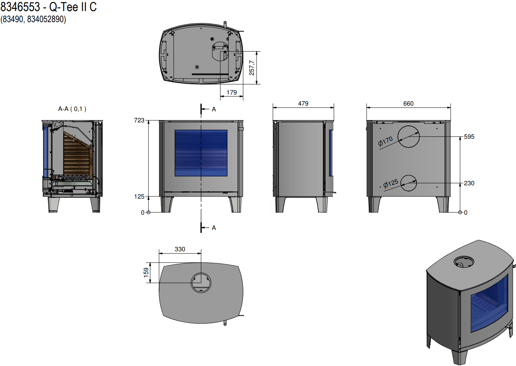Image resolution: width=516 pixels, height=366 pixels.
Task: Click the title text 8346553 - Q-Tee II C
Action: point(48,7)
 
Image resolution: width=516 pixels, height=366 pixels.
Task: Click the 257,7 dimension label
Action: point(252,68)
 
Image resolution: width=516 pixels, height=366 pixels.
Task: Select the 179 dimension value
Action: point(231,92)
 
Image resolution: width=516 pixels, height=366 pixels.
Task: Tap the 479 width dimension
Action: point(303,103)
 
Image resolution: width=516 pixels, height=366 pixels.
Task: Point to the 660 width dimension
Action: point(408,103)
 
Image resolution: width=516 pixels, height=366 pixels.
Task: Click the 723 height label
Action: point(139,120)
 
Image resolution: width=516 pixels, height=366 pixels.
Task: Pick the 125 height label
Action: point(139,196)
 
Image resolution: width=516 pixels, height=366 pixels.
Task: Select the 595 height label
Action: point(469,136)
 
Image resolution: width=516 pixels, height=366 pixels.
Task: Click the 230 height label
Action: point(469,183)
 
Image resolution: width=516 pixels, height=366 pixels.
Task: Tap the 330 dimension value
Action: point(180,249)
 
